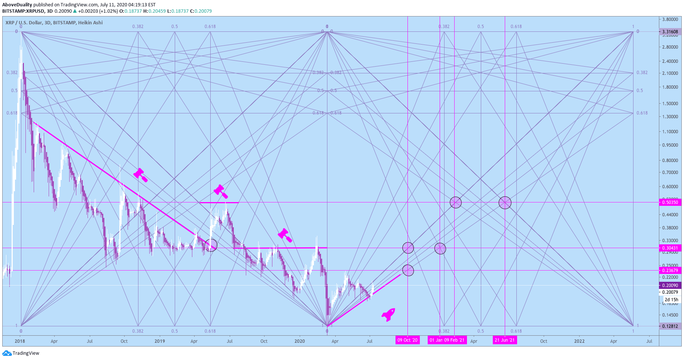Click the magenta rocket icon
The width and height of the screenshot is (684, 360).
pos(388,314)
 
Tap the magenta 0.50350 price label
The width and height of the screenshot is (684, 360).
pos(670,202)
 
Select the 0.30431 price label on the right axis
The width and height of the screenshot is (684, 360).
pos(670,248)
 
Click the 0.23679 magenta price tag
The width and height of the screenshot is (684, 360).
pos(670,271)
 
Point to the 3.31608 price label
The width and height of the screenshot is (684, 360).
pos(670,32)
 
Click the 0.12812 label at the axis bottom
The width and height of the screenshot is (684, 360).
pos(670,326)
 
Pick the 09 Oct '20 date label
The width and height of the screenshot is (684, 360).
pos(407,340)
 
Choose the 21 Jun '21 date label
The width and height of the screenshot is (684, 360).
pos(505,340)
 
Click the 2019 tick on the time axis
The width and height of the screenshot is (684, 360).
pos(160,341)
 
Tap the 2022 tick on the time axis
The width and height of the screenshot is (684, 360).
pos(579,341)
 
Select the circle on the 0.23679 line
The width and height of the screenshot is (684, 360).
pos(408,271)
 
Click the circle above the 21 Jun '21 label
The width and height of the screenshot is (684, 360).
pos(505,203)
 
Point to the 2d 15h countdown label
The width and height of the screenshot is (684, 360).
pos(671,300)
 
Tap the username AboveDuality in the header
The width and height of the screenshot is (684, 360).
pos(17,5)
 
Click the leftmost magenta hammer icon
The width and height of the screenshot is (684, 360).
pos(140,175)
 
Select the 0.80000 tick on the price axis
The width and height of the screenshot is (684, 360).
pos(670,161)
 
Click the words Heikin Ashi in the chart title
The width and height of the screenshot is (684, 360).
pos(90,23)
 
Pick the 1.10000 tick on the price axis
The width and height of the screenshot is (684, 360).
pos(670,132)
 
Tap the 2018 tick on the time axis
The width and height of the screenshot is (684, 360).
pos(20,341)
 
